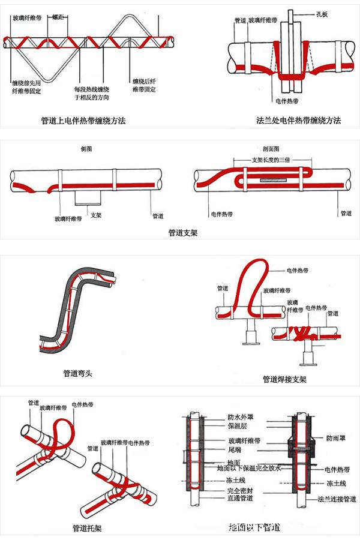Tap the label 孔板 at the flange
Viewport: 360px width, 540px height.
coord(322,13)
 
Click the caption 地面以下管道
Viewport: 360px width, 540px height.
coord(254,528)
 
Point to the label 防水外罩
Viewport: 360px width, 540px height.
coord(239,416)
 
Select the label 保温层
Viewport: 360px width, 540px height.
coord(235,427)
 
